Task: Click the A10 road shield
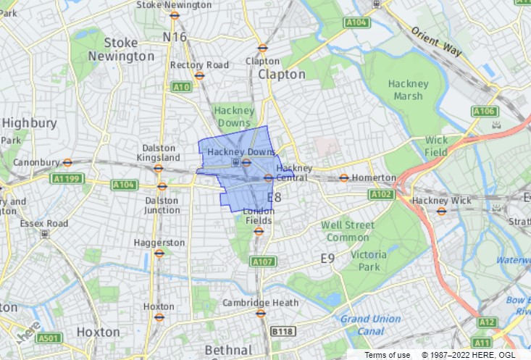point(181,87)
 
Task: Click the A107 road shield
point(262,261)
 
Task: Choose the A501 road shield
point(49,338)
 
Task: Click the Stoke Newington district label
point(120,49)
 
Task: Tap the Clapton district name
point(282,75)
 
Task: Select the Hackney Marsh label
point(409,90)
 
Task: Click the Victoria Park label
point(369,261)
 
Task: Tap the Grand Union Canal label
point(370,325)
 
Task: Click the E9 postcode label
point(328,258)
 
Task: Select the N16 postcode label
point(175,37)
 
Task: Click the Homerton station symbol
point(344,177)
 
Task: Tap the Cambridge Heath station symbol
point(261,313)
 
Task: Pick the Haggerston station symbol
point(159,254)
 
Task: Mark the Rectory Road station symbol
point(199,75)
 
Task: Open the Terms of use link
point(387,355)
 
